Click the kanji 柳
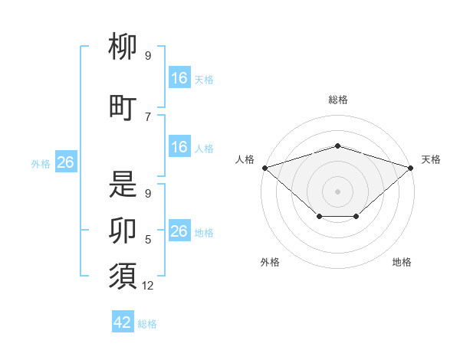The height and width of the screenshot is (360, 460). point(123,46)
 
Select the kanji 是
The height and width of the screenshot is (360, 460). point(123,184)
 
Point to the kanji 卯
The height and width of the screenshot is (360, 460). point(123,231)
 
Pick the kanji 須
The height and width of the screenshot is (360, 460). point(123,276)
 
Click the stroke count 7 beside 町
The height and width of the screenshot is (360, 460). point(148,117)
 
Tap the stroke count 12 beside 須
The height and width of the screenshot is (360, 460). point(147,286)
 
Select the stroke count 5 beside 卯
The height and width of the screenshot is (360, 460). point(148,240)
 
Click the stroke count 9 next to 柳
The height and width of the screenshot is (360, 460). point(148,55)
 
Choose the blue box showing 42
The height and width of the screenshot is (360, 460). point(123,321)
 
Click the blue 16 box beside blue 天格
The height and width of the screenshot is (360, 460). point(180,77)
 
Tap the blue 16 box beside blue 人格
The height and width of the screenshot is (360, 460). point(180,146)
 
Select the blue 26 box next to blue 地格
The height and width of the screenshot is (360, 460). point(180,230)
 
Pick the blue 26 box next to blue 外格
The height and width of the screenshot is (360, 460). point(66,162)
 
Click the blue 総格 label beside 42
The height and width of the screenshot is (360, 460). point(147,324)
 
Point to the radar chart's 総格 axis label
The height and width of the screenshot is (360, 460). point(338,100)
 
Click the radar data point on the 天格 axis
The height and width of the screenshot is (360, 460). point(411,168)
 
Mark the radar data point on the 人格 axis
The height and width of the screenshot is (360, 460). point(265,168)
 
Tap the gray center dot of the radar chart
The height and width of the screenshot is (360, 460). point(337,191)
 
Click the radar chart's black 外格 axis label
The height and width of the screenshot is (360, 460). point(270,262)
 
